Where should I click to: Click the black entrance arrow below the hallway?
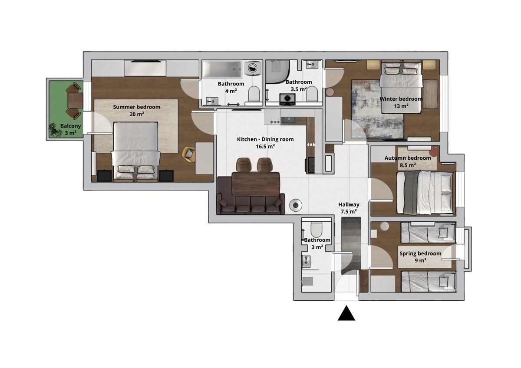coord(346,314)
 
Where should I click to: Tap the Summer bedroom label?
coord(136,107)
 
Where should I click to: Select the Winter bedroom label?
coord(401,99)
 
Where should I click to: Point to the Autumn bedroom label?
coord(408,158)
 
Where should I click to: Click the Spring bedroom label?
coord(420,253)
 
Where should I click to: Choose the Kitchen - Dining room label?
coord(265,139)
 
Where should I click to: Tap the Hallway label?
coord(349,204)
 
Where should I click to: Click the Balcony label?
coord(70,126)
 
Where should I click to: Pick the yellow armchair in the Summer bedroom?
coord(188,154)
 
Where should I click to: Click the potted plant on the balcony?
coord(54,130)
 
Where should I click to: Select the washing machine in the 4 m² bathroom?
coord(253,68)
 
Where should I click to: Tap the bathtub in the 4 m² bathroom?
coord(222,69)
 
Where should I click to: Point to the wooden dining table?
coord(256,184)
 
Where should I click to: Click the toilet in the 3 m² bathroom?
coord(317,229)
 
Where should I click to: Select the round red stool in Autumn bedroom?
coord(434,152)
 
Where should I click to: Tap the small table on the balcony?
coord(75,100)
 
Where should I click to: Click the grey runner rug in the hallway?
coord(351,246)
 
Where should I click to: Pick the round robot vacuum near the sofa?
coord(296,205)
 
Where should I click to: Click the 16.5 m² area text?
coord(265,146)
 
